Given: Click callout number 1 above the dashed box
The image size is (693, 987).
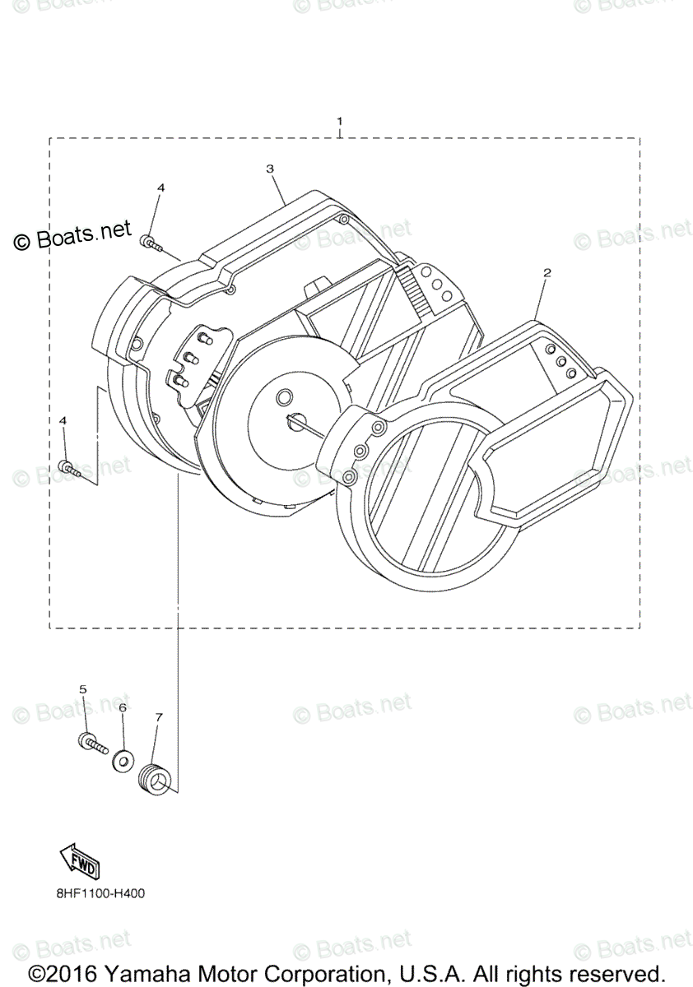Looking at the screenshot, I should [x=339, y=122].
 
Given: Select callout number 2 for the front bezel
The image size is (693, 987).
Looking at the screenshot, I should [x=546, y=272].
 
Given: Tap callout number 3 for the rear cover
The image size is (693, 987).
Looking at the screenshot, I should [x=270, y=168].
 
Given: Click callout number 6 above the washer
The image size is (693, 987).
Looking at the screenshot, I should [x=123, y=707].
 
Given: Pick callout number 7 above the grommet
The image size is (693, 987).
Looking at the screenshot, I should [x=159, y=717].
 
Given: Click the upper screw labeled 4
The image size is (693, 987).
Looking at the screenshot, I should [x=151, y=242].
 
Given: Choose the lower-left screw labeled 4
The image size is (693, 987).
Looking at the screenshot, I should [x=69, y=468].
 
